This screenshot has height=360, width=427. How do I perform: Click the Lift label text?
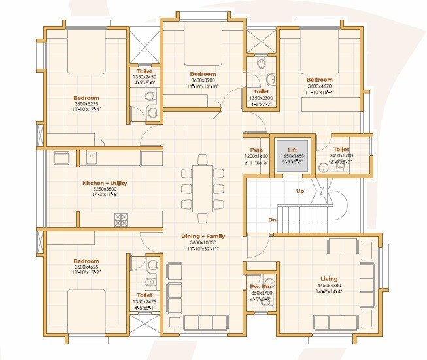click(292, 150)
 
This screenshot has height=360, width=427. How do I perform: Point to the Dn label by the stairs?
click(272, 220)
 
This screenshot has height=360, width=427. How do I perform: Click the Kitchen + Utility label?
click(104, 184)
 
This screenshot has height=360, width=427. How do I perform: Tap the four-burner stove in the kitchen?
click(122, 219)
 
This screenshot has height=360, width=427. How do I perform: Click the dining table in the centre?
click(202, 188)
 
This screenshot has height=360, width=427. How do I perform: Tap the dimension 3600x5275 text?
click(86, 104)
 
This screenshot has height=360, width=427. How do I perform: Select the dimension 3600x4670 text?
click(319, 86)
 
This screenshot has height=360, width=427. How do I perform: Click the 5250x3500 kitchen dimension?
click(104, 190)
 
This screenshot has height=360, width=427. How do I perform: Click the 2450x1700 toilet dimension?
click(340, 157)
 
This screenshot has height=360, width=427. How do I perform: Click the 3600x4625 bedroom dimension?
click(86, 267)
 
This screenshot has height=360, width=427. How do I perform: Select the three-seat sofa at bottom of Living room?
click(335, 321)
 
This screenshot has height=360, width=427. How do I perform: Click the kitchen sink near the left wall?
click(62, 157)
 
